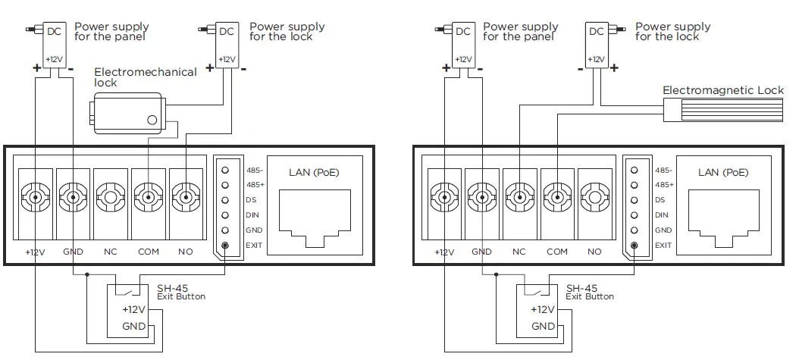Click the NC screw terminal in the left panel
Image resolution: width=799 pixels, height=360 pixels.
pyautogui.click(x=111, y=199)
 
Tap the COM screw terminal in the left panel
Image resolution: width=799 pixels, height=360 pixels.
pyautogui.click(x=148, y=199)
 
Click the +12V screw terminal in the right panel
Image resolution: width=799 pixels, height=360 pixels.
pyautogui.click(x=445, y=199)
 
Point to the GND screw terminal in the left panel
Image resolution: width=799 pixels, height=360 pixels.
pyautogui.click(x=73, y=199)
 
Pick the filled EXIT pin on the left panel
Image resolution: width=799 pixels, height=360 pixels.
pyautogui.click(x=225, y=245)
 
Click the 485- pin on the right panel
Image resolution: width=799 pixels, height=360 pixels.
pyautogui.click(x=634, y=170)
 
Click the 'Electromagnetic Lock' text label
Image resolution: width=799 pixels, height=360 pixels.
pyautogui.click(x=722, y=90)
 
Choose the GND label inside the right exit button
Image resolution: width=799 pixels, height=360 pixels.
pyautogui.click(x=543, y=326)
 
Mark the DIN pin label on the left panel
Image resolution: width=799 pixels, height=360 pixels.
pyautogui.click(x=252, y=215)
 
